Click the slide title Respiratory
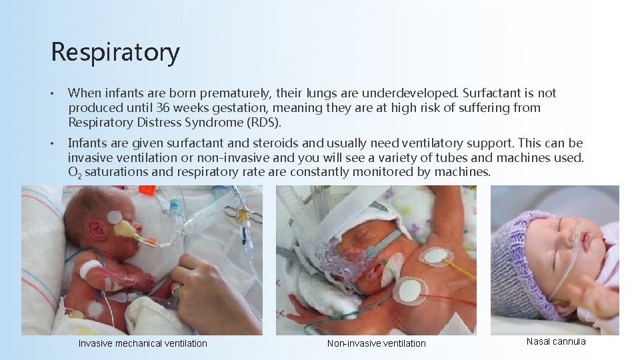click(115, 52)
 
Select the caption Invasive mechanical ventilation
click(143, 343)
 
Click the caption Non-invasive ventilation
click(376, 343)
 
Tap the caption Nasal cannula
click(556, 341)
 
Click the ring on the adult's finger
click(177, 289)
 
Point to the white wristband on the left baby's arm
click(90, 269)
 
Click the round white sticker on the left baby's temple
click(115, 217)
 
